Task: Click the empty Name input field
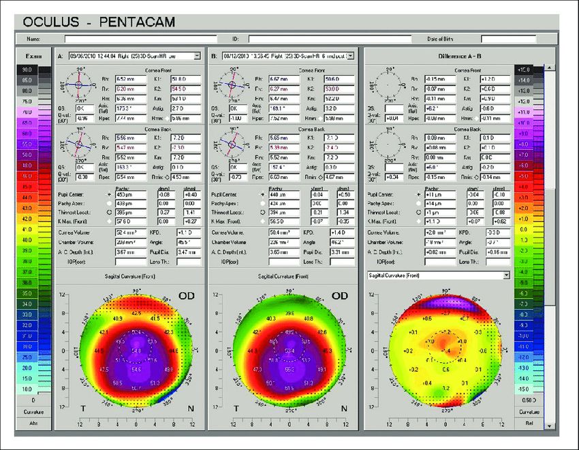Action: coord(140,39)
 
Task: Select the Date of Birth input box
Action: coord(508,39)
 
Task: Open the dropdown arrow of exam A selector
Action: coord(197,56)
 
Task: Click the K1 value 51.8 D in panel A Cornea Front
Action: coord(186,79)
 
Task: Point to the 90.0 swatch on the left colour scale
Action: coord(27,70)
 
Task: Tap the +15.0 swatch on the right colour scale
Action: coord(542,70)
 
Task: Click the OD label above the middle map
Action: coord(339,295)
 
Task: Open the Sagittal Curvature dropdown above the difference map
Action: coord(506,276)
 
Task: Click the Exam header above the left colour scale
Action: coord(27,56)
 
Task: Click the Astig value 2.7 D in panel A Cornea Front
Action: coord(186,108)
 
